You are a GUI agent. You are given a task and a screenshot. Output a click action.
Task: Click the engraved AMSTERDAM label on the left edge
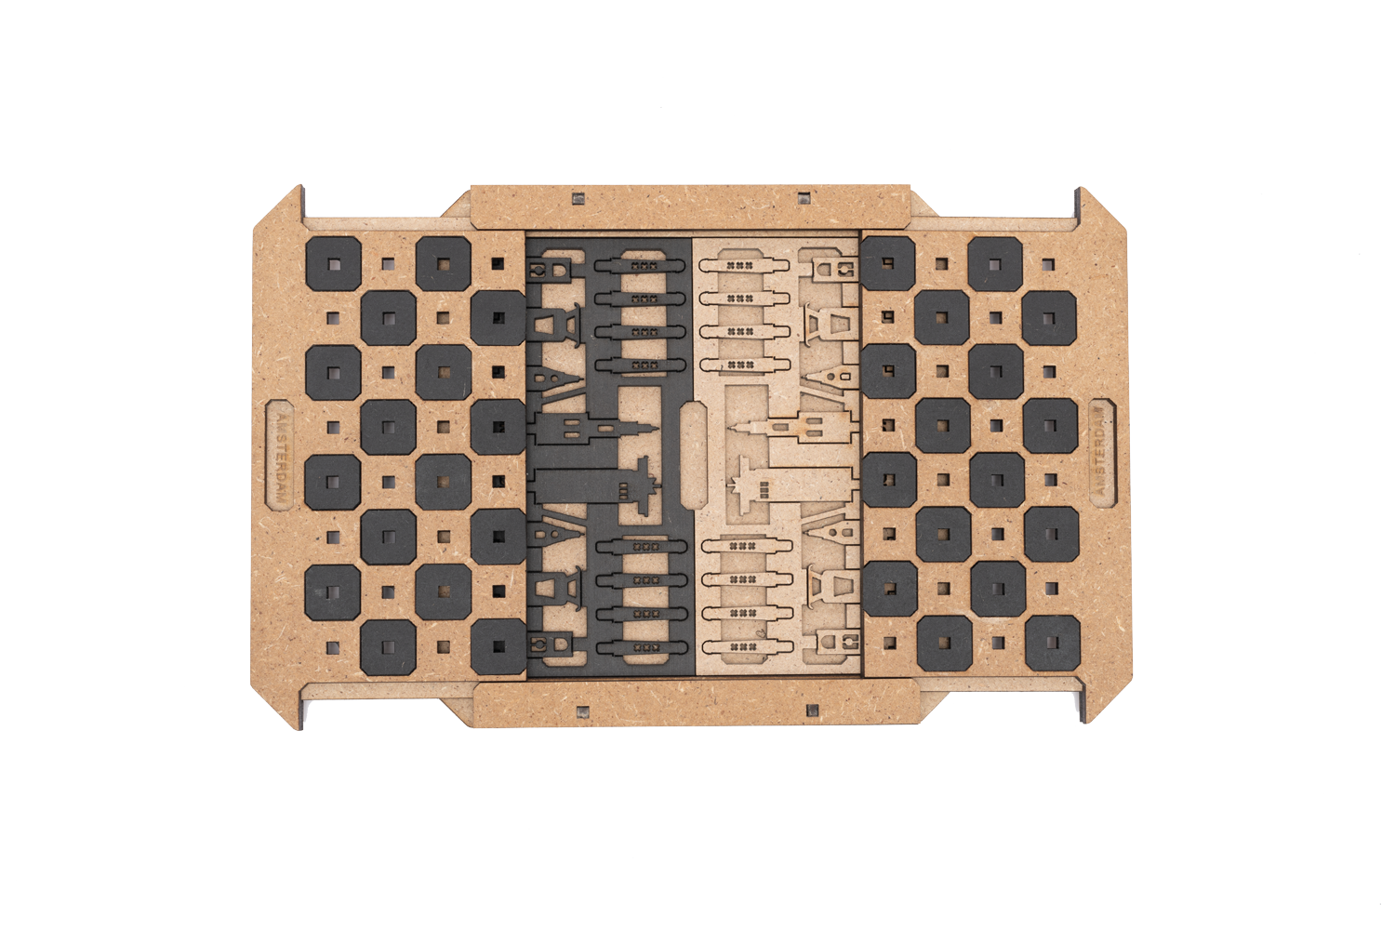click(x=280, y=456)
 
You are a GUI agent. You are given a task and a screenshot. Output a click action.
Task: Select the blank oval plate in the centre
click(x=694, y=455)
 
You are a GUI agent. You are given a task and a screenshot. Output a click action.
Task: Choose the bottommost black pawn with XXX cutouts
click(x=642, y=648)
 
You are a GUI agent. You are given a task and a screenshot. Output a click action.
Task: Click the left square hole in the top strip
click(x=578, y=199)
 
